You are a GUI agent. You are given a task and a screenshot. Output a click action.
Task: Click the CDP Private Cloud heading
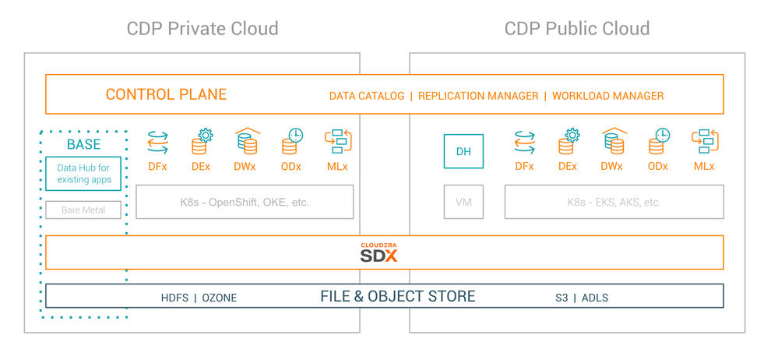click(x=202, y=30)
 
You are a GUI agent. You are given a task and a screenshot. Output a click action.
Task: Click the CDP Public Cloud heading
click(x=577, y=30)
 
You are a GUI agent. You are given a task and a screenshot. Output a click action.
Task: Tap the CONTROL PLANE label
click(x=166, y=95)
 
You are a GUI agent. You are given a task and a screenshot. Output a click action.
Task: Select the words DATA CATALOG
click(x=367, y=96)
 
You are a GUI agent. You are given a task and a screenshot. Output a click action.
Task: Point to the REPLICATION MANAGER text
click(x=478, y=96)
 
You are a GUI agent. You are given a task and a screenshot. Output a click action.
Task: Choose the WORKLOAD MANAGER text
click(x=607, y=96)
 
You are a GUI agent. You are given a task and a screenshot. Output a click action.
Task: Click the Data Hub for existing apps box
click(x=83, y=173)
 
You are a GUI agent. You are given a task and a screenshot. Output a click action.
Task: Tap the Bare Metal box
click(x=83, y=210)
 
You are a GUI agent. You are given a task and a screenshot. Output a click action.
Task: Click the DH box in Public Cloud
click(x=463, y=151)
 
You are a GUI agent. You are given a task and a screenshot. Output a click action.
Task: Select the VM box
click(x=463, y=202)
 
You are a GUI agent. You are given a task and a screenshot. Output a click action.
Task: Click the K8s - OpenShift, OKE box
click(x=245, y=202)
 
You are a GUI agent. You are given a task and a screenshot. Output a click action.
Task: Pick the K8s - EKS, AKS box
click(x=614, y=202)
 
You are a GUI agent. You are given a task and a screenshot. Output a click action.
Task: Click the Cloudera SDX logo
click(x=379, y=252)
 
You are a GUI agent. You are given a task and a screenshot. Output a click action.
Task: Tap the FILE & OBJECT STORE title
click(x=397, y=296)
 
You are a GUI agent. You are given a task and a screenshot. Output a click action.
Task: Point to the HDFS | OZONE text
click(x=199, y=298)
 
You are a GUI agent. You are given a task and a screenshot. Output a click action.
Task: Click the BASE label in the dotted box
click(x=83, y=144)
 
